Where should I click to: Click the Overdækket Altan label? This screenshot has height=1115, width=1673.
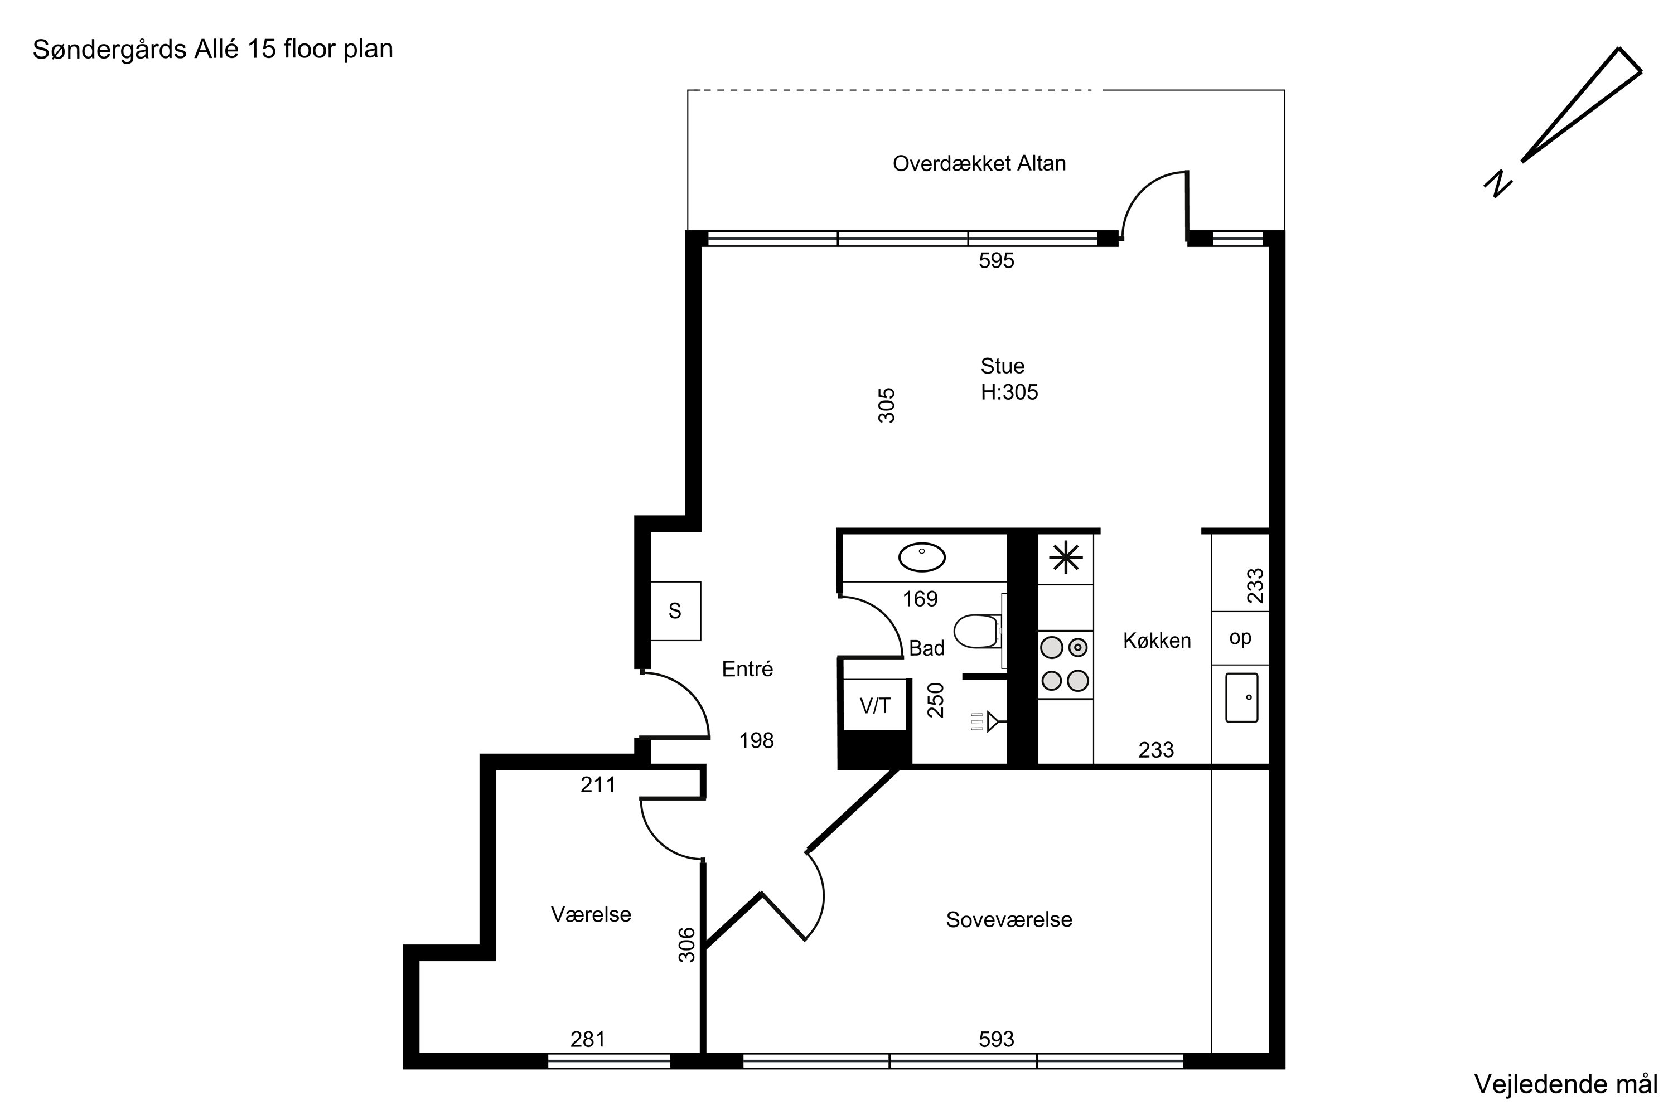[979, 163]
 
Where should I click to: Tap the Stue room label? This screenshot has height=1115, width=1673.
[1002, 366]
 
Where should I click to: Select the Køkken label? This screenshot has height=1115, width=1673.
[1157, 641]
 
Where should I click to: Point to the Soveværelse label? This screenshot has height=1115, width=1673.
[1009, 919]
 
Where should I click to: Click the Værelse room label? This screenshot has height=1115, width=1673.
[591, 914]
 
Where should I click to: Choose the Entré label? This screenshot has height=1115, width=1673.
[747, 668]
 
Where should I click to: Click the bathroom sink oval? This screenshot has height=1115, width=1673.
[922, 557]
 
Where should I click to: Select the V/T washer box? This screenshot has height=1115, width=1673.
[874, 705]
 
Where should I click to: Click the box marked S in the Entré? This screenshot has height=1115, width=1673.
[675, 611]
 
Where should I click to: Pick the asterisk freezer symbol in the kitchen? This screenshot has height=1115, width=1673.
[1066, 557]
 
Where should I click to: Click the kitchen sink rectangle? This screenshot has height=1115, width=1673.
[1241, 697]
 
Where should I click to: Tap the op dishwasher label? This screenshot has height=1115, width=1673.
[1240, 638]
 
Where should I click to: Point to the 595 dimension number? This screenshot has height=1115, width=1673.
[996, 261]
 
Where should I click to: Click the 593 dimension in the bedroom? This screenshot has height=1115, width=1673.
[996, 1040]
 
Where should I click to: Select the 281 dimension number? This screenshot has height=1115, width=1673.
[588, 1040]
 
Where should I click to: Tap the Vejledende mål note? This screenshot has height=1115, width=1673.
[1565, 1084]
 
